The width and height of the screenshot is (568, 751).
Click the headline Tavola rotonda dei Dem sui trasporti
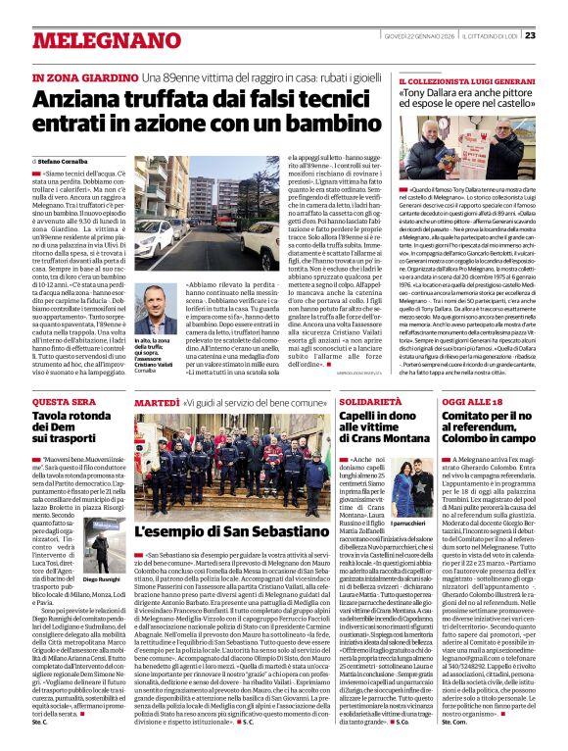coord(74,430)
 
